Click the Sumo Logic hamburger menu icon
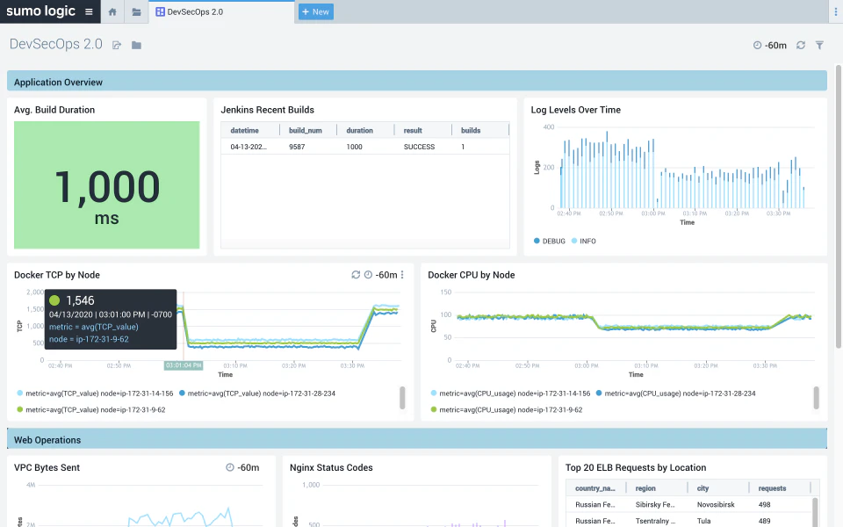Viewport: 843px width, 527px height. coord(89,12)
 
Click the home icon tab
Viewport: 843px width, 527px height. coord(112,12)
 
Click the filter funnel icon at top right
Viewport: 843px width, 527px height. coord(819,45)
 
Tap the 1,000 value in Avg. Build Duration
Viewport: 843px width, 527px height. coord(106,186)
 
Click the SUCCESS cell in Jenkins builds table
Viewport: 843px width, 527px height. coord(419,147)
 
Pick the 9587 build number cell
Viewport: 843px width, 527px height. coord(299,147)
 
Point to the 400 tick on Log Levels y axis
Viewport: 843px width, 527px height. coord(547,127)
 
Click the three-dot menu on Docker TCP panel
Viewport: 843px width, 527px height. coord(402,275)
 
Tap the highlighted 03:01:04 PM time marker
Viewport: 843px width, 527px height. coord(184,365)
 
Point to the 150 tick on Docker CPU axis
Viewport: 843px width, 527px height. coord(444,292)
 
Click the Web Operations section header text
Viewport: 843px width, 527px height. coord(47,440)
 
